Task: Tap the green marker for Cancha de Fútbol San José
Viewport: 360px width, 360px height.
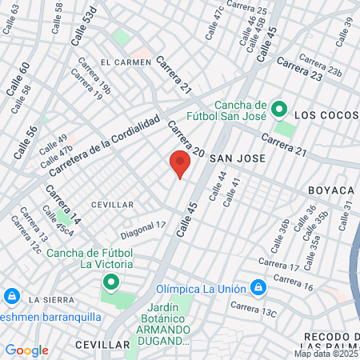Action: [x=279, y=108]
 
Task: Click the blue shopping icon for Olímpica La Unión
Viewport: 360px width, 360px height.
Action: [x=258, y=286]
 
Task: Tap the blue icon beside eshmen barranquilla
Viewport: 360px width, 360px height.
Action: [x=12, y=297]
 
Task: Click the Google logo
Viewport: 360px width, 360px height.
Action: [x=26, y=350]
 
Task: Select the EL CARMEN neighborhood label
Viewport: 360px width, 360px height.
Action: [x=126, y=62]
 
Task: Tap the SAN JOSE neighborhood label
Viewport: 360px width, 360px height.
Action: [x=237, y=158]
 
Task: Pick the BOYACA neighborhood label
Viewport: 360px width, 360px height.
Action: [x=331, y=190]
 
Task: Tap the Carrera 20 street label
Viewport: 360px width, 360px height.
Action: [x=186, y=138]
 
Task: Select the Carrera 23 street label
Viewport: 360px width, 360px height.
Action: [x=300, y=70]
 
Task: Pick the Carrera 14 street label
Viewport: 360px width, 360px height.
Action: [x=62, y=204]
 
